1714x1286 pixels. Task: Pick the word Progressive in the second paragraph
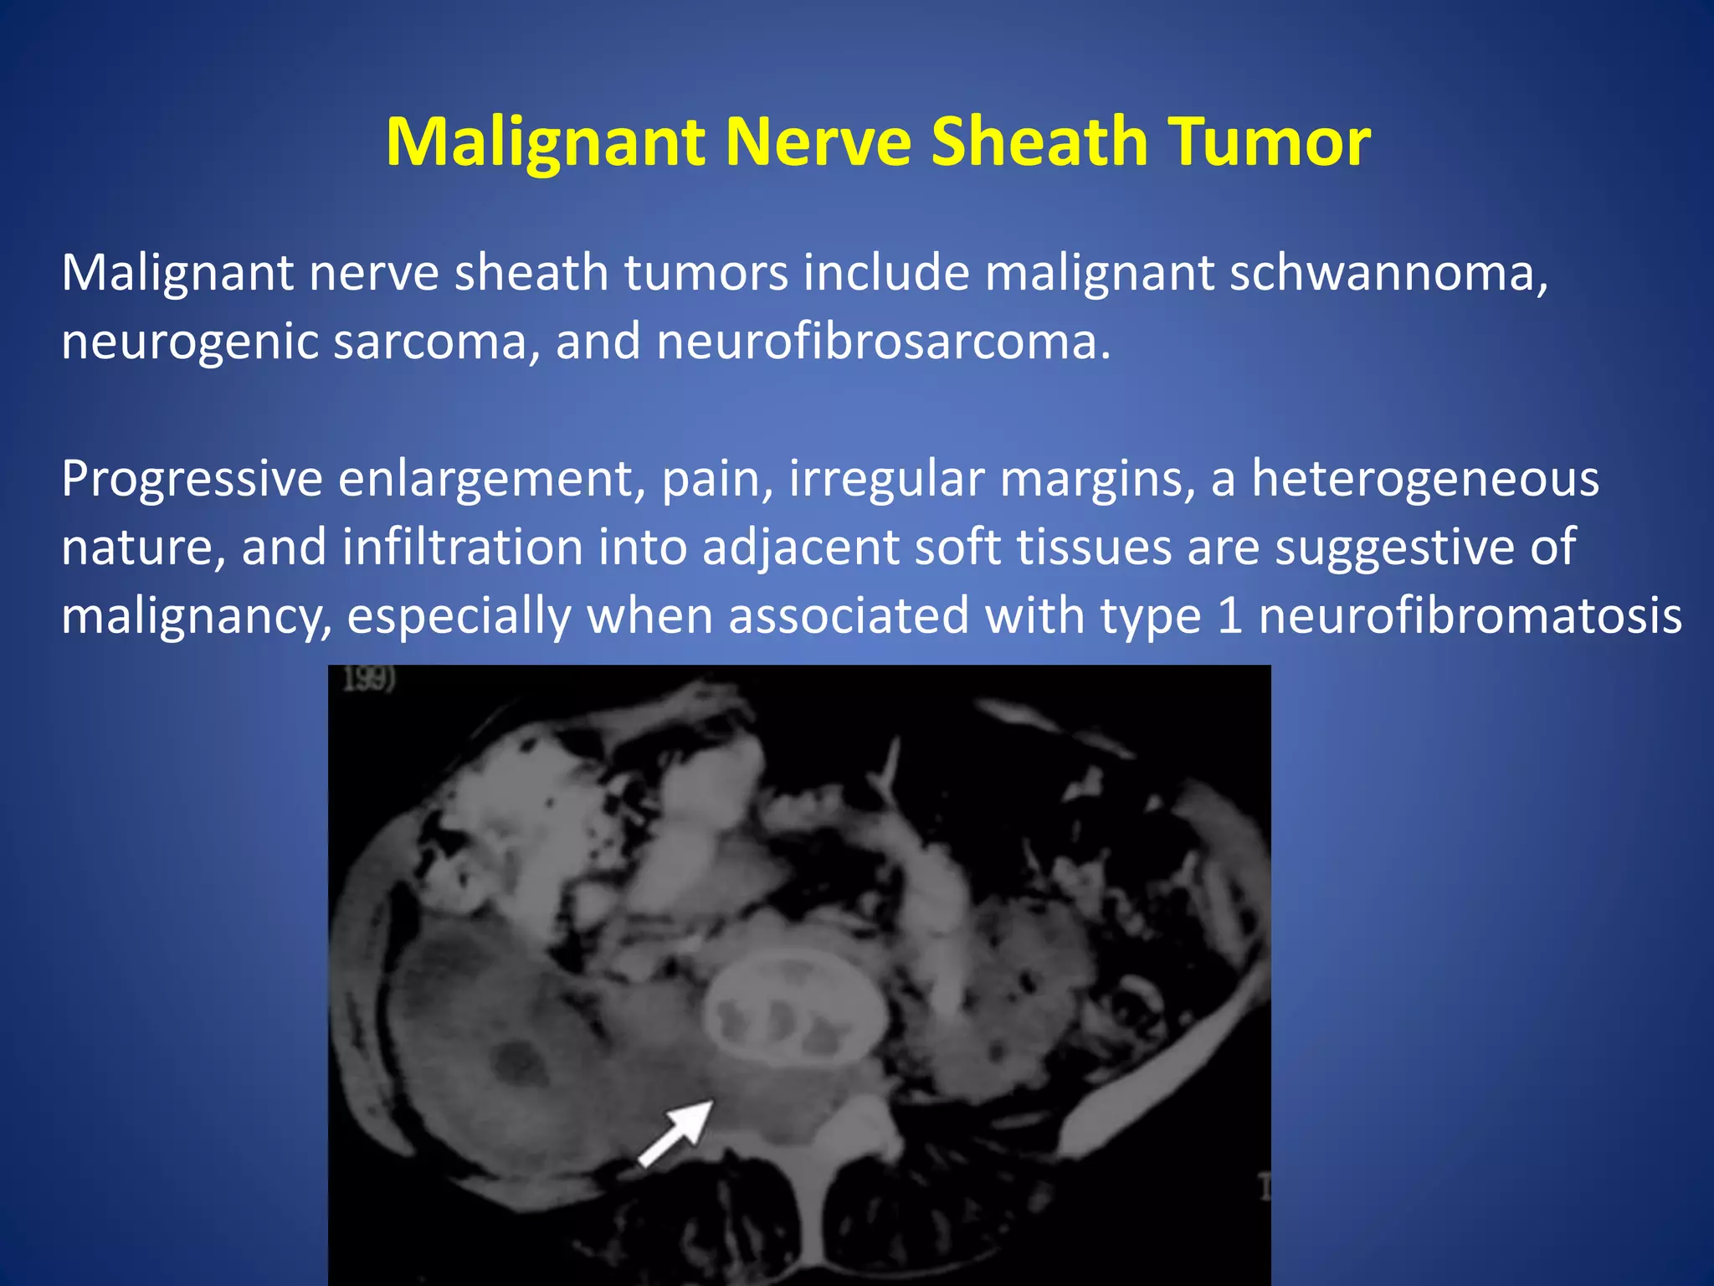(192, 480)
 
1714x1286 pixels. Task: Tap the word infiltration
(463, 548)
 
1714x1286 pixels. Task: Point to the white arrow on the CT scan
(676, 1132)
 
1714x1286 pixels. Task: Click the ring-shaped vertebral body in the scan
(795, 1009)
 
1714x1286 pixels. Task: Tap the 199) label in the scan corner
(369, 678)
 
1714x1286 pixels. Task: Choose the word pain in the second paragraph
(711, 480)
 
